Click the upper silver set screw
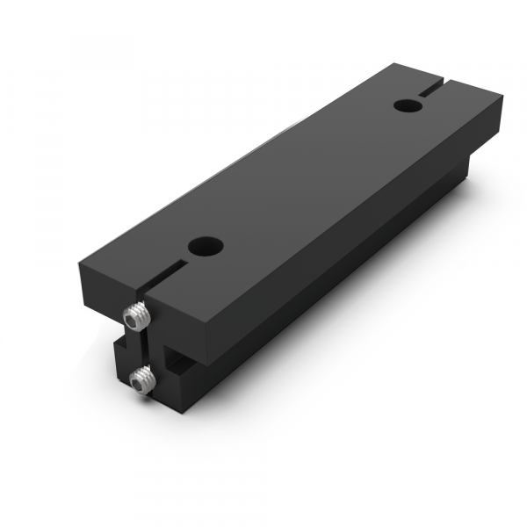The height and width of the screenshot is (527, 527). click(x=134, y=314)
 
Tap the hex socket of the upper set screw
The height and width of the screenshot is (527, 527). click(x=133, y=317)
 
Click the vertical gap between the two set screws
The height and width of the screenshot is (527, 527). click(x=140, y=347)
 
